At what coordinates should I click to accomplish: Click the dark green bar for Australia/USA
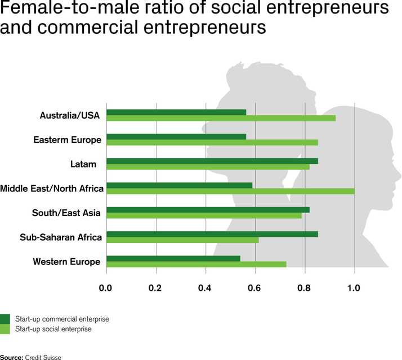click(x=176, y=112)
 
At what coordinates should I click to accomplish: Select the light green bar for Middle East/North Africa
click(x=231, y=191)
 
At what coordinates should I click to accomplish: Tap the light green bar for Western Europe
click(x=196, y=264)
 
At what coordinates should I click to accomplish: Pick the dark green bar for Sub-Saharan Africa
click(x=212, y=234)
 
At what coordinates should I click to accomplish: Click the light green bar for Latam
click(x=208, y=167)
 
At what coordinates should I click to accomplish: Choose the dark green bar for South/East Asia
click(x=208, y=210)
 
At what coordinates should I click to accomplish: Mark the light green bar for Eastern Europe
click(x=212, y=142)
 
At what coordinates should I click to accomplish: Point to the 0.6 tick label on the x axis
click(x=254, y=288)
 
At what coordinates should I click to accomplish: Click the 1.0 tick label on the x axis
click(x=354, y=288)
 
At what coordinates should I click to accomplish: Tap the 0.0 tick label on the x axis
click(x=105, y=288)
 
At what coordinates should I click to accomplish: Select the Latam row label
click(x=83, y=164)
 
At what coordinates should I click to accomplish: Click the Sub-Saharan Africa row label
click(x=61, y=237)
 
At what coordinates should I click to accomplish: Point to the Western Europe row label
click(x=66, y=262)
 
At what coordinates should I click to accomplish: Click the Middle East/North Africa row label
click(x=52, y=188)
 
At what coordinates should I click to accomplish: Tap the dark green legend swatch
click(x=5, y=319)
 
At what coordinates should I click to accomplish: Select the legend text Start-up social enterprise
click(x=53, y=329)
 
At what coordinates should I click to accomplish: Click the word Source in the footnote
click(x=12, y=357)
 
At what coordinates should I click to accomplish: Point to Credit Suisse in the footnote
click(x=43, y=357)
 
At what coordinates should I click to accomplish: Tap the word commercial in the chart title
click(x=88, y=27)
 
